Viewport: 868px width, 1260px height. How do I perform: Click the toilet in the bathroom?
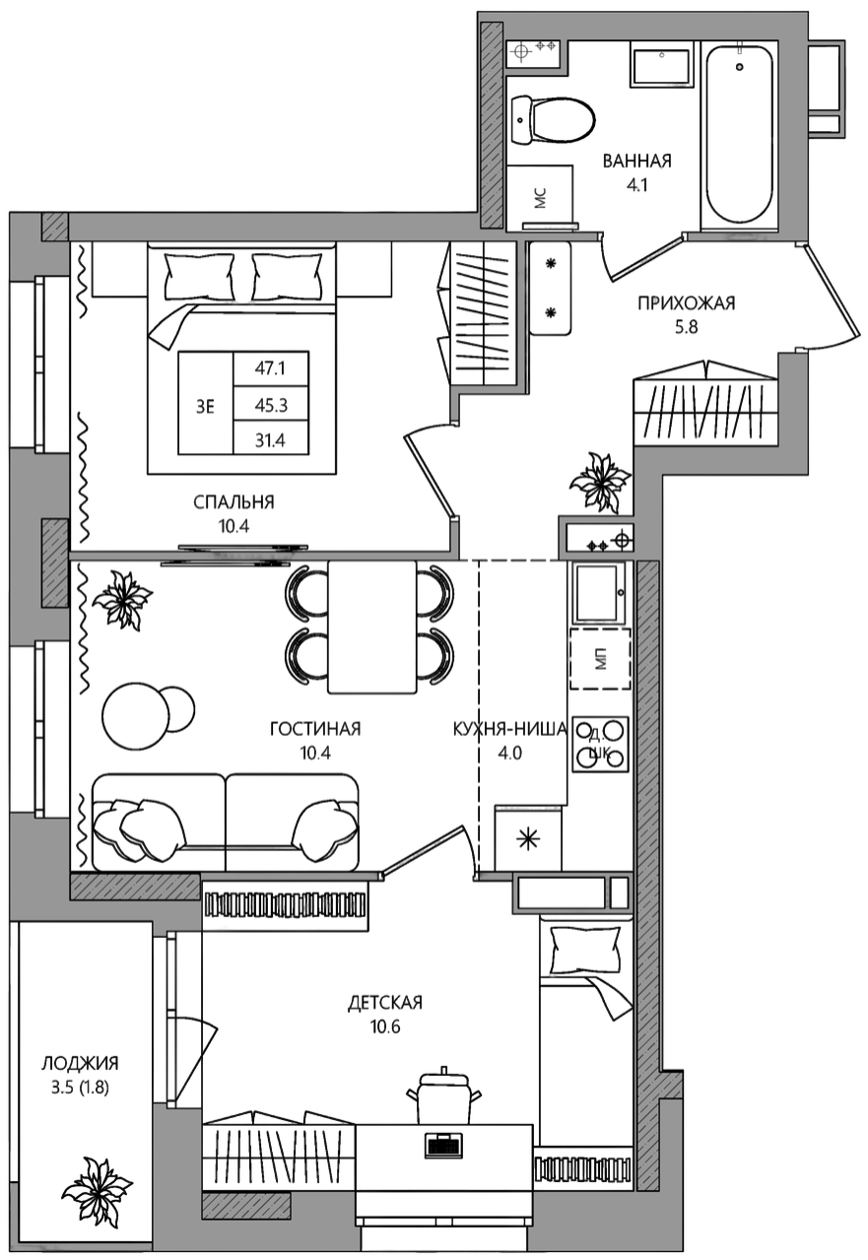click(553, 121)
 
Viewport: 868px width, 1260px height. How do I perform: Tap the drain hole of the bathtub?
click(739, 67)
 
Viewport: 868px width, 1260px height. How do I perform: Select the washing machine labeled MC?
click(540, 197)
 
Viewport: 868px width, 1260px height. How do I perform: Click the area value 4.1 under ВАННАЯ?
click(636, 184)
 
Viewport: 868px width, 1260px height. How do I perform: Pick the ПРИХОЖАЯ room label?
click(687, 303)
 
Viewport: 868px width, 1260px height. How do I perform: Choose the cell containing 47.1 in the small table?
click(271, 368)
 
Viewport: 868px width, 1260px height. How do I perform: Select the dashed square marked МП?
click(600, 659)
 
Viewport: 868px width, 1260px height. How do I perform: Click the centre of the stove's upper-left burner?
click(586, 731)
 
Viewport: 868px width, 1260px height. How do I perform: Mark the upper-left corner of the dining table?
click(328, 561)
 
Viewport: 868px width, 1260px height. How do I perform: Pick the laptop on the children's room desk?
click(443, 1144)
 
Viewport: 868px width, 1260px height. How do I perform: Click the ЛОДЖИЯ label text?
click(81, 1063)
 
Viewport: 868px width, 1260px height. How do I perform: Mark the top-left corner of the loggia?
click(18, 921)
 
